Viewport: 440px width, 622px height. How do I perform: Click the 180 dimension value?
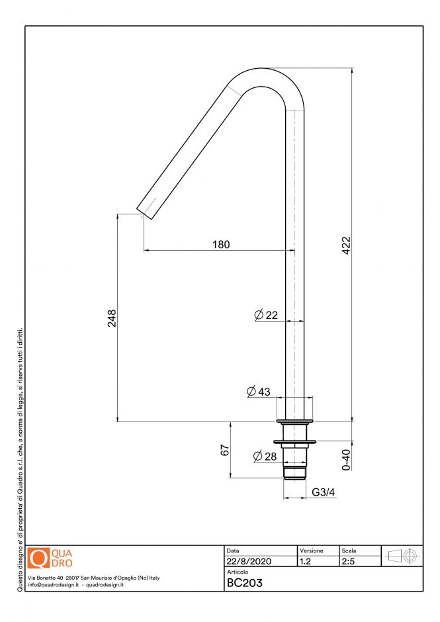pos(221,244)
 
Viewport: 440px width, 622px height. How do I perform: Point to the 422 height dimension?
pos(346,245)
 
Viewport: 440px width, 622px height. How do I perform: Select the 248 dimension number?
pos(112,318)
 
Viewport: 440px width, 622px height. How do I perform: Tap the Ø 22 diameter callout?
pos(266,315)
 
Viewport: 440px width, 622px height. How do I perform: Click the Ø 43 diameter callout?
pos(258,392)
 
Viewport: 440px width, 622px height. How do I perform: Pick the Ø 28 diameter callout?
pos(265,456)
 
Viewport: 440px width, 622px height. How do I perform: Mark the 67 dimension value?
pos(224,450)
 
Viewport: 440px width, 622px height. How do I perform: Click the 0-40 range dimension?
pos(346,460)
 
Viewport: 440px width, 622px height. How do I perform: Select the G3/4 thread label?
pos(324,492)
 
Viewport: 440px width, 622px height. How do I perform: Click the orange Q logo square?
pos(39,558)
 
